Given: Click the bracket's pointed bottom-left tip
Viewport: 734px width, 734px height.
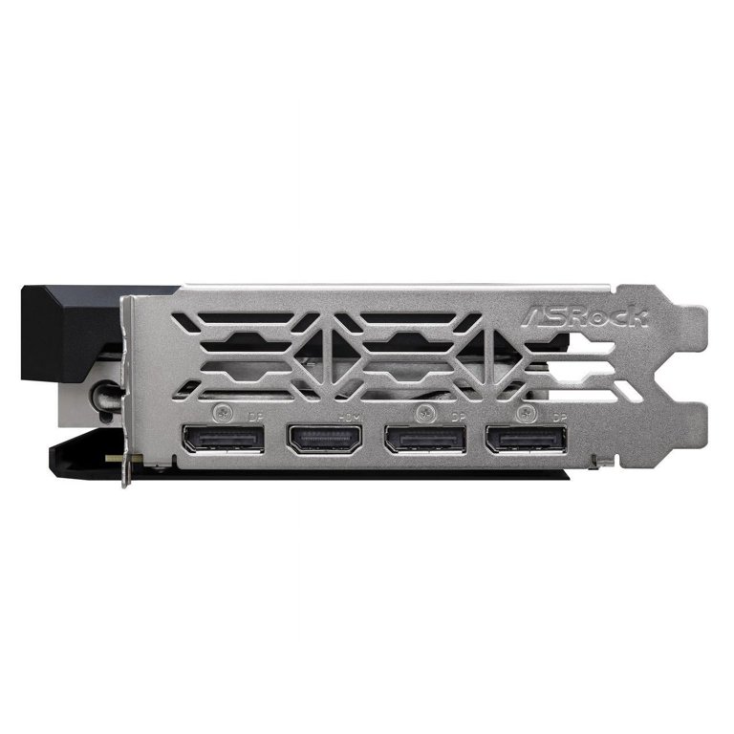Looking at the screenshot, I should (124, 483).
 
